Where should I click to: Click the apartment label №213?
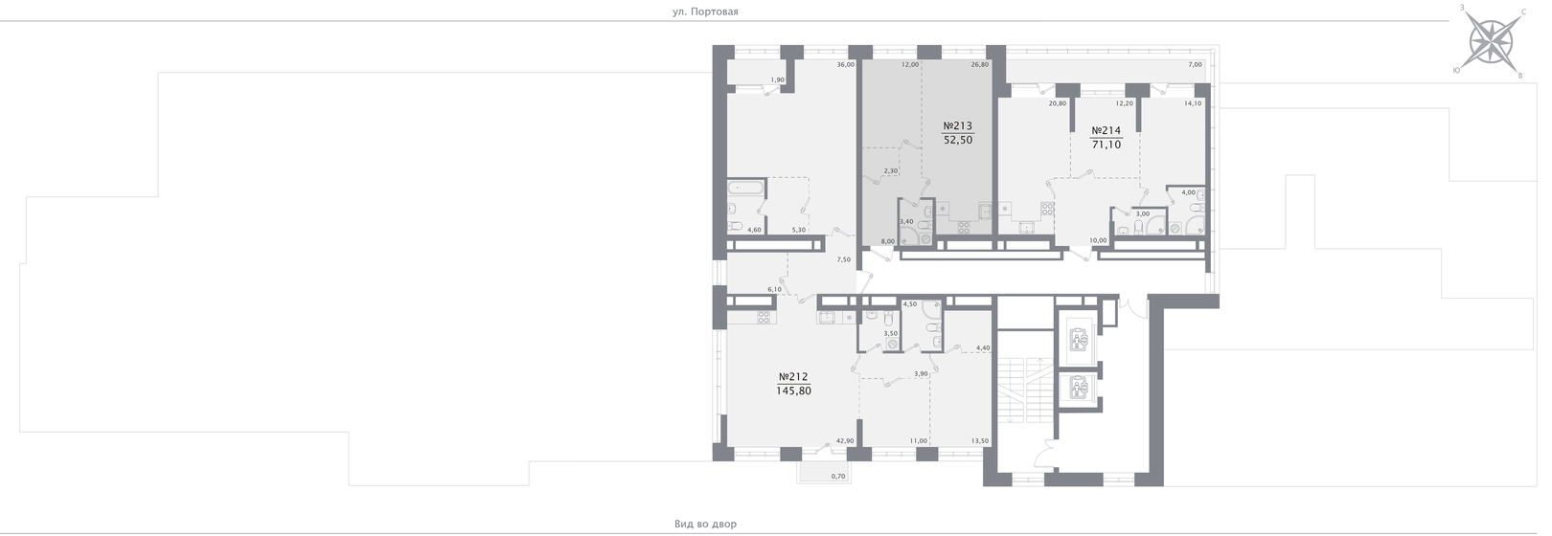coord(958,126)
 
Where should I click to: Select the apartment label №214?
coord(1107,130)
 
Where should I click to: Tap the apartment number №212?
coord(793,376)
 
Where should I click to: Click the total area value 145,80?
coord(793,391)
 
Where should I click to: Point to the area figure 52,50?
coord(958,140)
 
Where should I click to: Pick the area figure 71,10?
coord(1107,145)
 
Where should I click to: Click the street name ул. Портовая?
coord(705,11)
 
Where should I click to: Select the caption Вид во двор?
coord(705,525)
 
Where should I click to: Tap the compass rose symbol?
coord(1490,43)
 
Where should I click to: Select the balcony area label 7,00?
coord(1195,65)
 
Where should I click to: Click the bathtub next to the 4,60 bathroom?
coord(745,190)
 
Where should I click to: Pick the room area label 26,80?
coord(979,65)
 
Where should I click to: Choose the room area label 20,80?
coord(1058,103)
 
